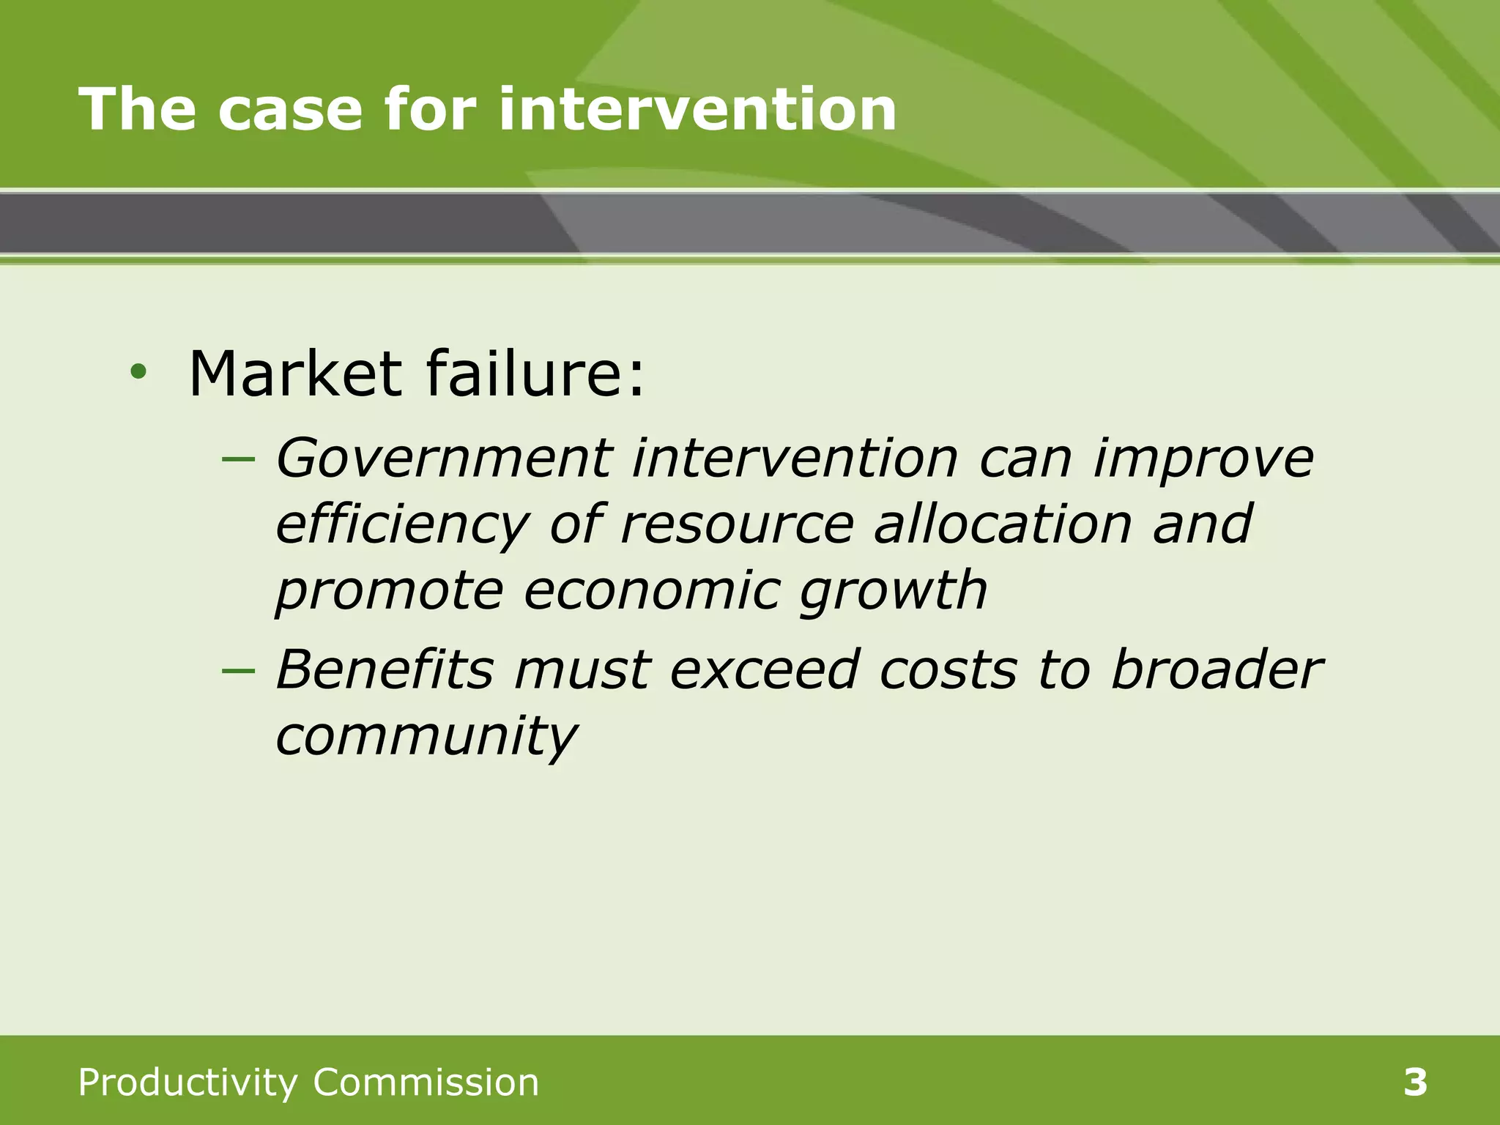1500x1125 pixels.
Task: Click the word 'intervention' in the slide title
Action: pyautogui.click(x=697, y=109)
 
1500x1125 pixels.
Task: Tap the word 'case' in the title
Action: pyautogui.click(x=290, y=109)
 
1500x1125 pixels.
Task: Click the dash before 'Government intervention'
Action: pyautogui.click(x=238, y=460)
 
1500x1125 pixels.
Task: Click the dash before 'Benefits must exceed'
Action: pyautogui.click(x=238, y=671)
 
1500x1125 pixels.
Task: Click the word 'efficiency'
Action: pyautogui.click(x=402, y=526)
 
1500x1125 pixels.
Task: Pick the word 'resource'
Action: pyautogui.click(x=737, y=526)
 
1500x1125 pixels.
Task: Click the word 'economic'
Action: pyautogui.click(x=651, y=590)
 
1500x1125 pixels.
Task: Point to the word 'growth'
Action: pyautogui.click(x=893, y=592)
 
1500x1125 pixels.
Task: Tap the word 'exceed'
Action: pyautogui.click(x=765, y=671)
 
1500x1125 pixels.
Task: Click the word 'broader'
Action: pyautogui.click(x=1216, y=669)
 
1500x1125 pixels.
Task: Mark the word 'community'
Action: pyautogui.click(x=426, y=737)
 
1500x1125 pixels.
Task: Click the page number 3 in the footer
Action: pyautogui.click(x=1415, y=1083)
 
